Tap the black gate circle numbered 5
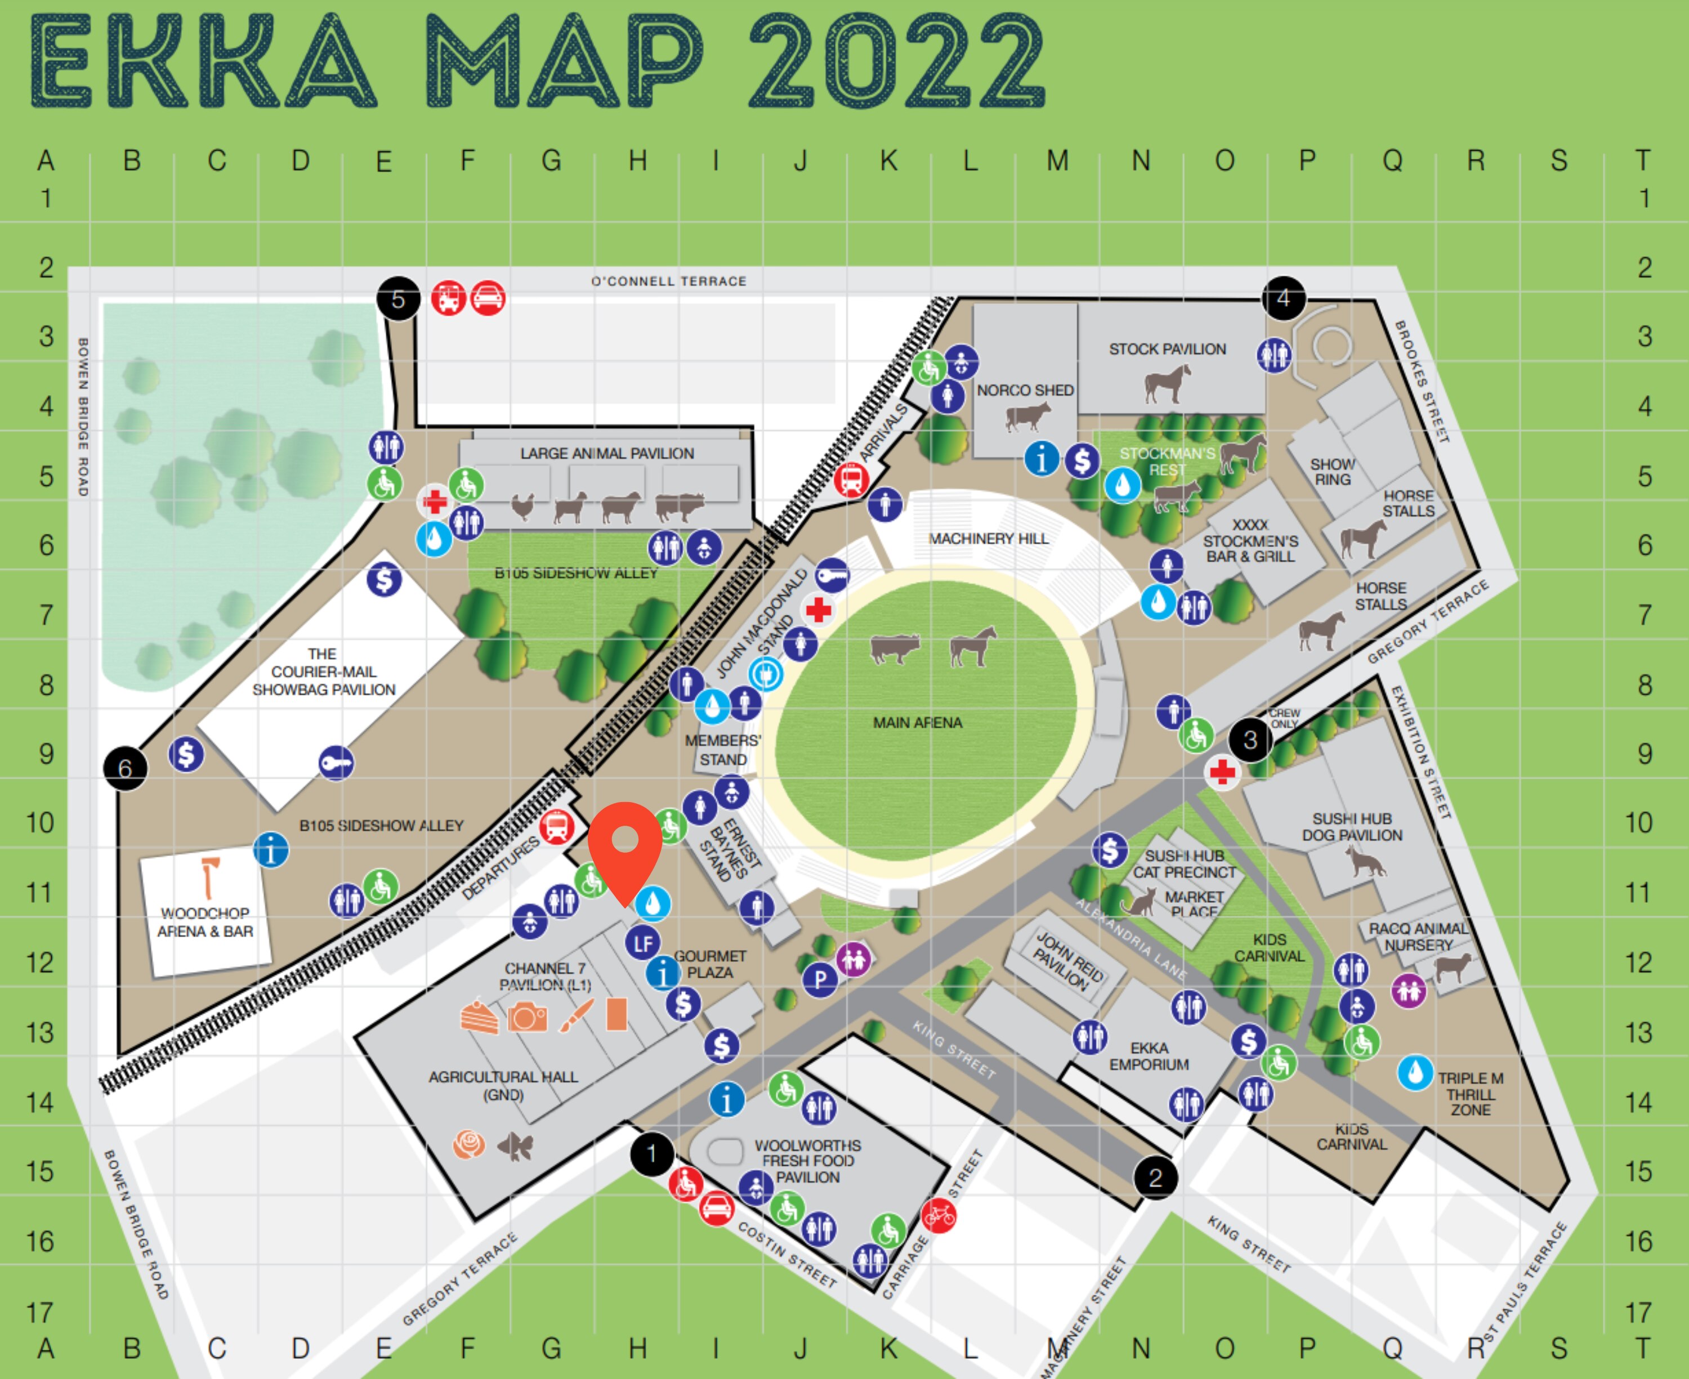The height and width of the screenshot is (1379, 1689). click(398, 299)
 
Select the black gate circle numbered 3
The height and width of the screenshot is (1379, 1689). click(1250, 740)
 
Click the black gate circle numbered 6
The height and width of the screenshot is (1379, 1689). click(125, 768)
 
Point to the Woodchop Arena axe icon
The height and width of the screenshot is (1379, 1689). click(209, 877)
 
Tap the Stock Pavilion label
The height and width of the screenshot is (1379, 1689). click(1167, 350)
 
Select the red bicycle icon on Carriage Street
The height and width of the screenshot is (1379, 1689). click(939, 1215)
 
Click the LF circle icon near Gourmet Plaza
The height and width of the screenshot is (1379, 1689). click(643, 943)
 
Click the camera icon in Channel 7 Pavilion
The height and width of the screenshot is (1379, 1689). click(527, 1016)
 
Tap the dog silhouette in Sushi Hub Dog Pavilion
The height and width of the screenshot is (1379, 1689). click(1364, 862)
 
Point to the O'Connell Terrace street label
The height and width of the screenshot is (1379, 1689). click(668, 281)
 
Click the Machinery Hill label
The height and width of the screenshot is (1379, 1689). click(988, 539)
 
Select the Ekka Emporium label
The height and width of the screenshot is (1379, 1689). click(1149, 1056)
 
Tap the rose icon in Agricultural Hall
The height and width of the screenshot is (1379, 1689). click(469, 1145)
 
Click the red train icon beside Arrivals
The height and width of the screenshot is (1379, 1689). click(850, 480)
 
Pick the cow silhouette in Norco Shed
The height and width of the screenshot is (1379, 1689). click(1027, 415)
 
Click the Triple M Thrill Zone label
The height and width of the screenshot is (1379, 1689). click(1471, 1094)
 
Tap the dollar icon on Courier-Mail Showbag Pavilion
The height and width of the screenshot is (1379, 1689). click(384, 579)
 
